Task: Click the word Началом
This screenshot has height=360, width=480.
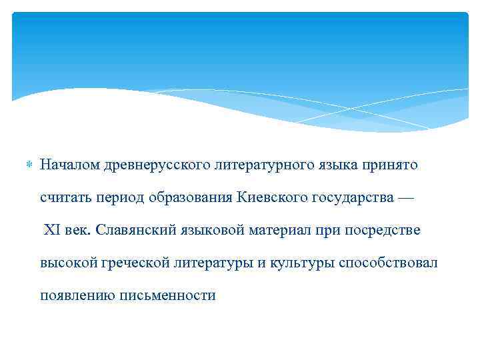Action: pos(69,165)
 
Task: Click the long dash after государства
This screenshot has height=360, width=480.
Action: pos(406,198)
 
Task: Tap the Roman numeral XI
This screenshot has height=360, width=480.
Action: pos(52,230)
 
